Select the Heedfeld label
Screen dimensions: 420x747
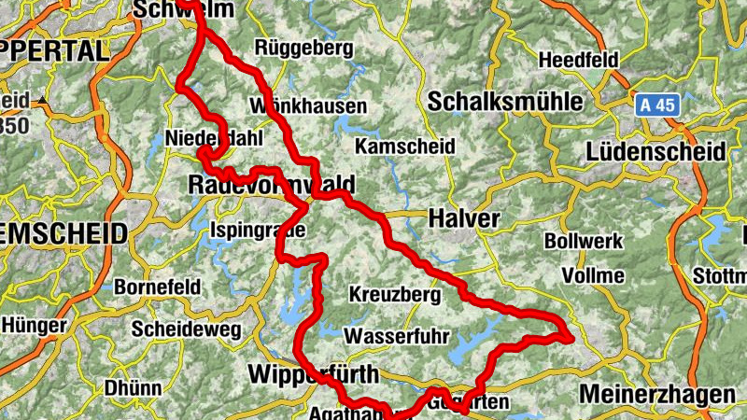(579, 60)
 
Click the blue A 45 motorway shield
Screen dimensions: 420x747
(657, 105)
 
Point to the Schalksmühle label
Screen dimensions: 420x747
(504, 101)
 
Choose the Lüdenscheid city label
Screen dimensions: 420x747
(655, 151)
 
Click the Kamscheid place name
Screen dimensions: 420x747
(405, 147)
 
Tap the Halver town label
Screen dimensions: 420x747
(464, 218)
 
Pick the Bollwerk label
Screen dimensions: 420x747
(583, 241)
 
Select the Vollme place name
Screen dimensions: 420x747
(594, 275)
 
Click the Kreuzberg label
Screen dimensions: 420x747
(394, 294)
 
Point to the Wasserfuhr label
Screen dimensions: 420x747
(397, 336)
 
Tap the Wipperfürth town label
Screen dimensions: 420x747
(314, 375)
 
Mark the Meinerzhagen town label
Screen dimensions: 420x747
(656, 395)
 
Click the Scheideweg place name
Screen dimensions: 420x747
(186, 329)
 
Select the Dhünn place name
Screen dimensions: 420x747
(133, 387)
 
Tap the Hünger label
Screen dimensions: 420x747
(35, 326)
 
